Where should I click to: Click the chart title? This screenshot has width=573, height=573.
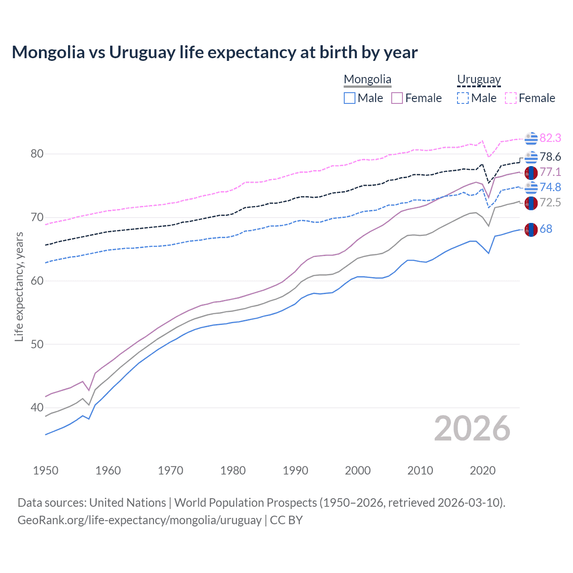click(x=214, y=52)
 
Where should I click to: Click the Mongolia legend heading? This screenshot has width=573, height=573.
click(x=368, y=79)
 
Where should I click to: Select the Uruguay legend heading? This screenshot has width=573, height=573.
click(x=479, y=79)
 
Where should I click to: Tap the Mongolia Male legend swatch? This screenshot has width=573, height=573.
click(x=350, y=98)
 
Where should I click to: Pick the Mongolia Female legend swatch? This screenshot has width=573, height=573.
click(x=397, y=98)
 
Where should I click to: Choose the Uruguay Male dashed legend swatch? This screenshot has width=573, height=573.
click(x=463, y=98)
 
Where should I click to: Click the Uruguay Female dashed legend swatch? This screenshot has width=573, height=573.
click(x=511, y=98)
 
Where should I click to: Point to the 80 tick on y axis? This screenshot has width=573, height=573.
click(x=37, y=154)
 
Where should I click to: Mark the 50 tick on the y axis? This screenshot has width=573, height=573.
click(x=37, y=344)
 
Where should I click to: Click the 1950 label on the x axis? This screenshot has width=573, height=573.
click(x=46, y=470)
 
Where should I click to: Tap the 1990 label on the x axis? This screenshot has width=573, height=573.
click(x=295, y=470)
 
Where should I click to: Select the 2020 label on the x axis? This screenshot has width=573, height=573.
click(x=483, y=470)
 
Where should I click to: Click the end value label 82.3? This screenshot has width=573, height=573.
click(x=550, y=138)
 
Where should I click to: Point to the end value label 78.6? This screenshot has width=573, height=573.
click(x=550, y=157)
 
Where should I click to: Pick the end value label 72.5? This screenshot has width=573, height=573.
click(x=550, y=202)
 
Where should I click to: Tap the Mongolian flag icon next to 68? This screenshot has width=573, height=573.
click(x=531, y=230)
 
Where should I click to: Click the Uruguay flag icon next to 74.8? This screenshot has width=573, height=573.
click(x=531, y=188)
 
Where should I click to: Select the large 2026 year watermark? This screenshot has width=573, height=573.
click(x=472, y=428)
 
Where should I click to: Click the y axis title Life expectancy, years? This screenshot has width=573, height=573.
click(x=19, y=286)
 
